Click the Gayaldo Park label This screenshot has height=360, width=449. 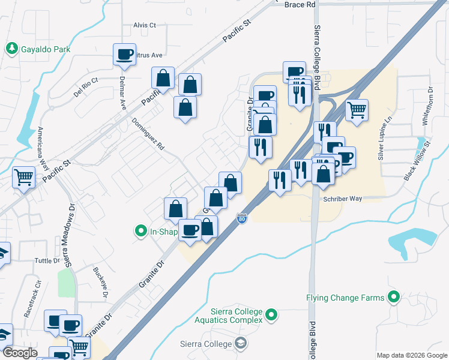pyautogui.click(x=46, y=49)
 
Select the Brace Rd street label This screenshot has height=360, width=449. pyautogui.click(x=300, y=4)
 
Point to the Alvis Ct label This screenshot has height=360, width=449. pyautogui.click(x=144, y=25)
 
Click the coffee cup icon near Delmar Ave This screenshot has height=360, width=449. pyautogui.click(x=124, y=55)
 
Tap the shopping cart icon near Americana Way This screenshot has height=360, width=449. pyautogui.click(x=23, y=176)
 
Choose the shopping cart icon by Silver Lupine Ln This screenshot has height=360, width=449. pyautogui.click(x=357, y=110)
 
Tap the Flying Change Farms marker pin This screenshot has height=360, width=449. pyautogui.click(x=394, y=297)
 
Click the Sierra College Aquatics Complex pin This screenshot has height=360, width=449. pyautogui.click(x=272, y=314)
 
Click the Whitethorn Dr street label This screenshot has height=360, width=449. pyautogui.click(x=428, y=106)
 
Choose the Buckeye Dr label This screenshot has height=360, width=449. pyautogui.click(x=100, y=283)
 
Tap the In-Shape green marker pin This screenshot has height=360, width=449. pyautogui.click(x=141, y=230)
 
